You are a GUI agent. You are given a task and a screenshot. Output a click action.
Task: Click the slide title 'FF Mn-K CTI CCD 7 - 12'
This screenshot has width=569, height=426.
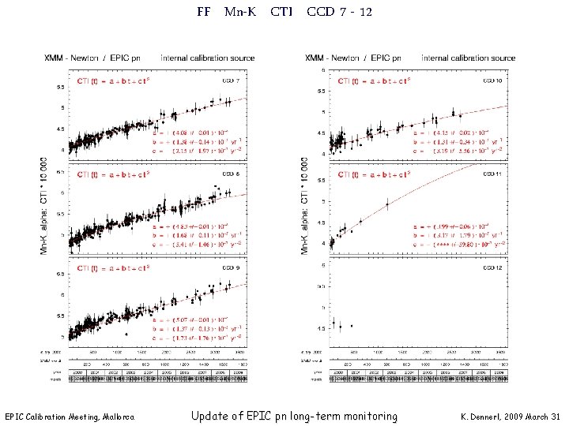point(284,12)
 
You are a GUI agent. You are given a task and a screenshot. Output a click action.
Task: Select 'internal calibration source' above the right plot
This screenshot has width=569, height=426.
point(468,58)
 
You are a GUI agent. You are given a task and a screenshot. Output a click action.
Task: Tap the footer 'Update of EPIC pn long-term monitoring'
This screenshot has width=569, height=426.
point(294,416)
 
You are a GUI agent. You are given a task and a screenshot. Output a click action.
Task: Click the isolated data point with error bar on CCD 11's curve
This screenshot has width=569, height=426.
point(387,204)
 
